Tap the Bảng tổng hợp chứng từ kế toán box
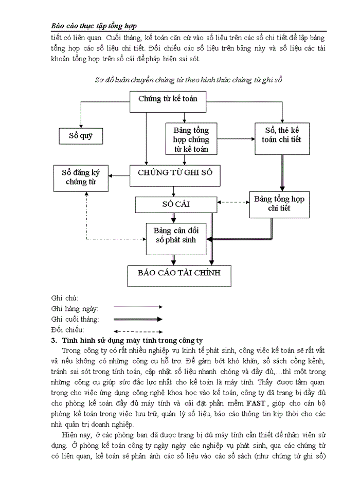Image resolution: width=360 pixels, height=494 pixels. (191, 138)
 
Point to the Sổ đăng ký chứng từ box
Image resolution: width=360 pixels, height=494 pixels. (81, 177)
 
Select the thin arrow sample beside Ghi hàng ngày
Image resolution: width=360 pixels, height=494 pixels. (137, 308)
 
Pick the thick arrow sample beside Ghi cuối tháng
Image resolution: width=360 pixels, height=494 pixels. (137, 319)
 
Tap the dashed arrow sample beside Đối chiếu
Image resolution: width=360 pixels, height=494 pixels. (137, 330)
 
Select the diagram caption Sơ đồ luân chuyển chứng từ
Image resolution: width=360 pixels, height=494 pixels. (189, 79)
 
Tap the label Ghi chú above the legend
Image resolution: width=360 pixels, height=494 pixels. (64, 298)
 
